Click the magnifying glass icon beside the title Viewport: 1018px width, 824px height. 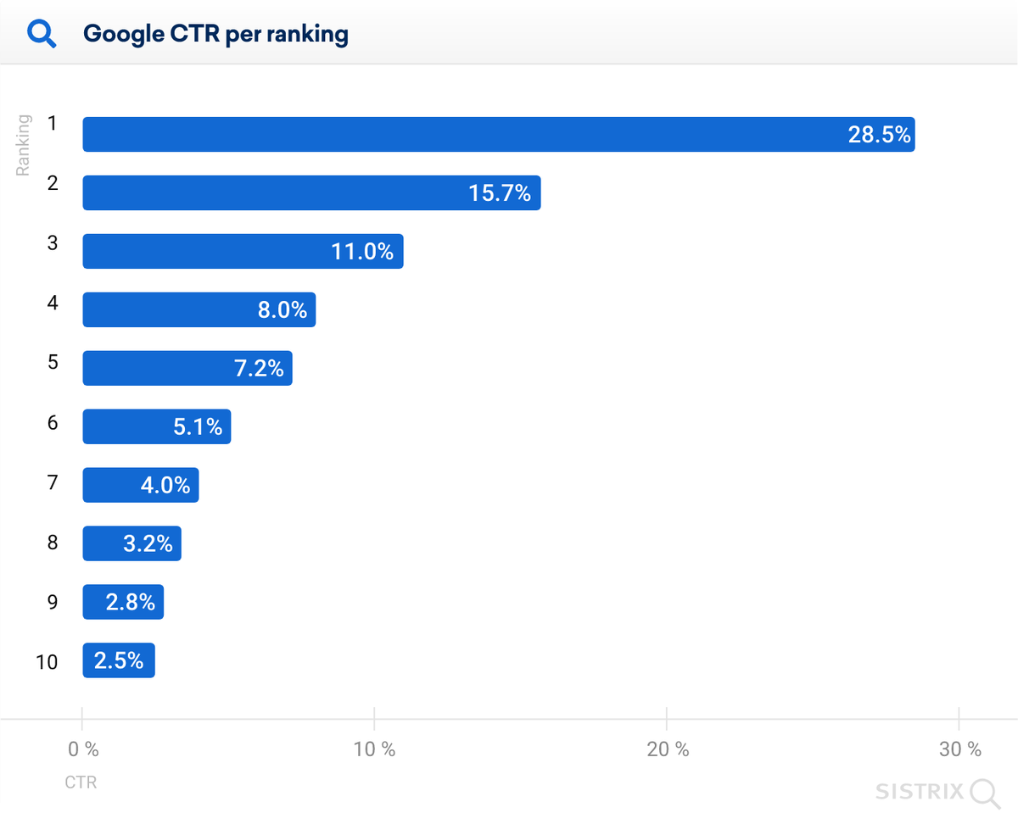[42, 35]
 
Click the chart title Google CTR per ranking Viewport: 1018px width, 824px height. [215, 35]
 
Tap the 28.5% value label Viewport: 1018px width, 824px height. [879, 135]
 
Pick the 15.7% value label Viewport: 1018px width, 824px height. [500, 193]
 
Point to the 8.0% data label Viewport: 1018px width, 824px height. [282, 310]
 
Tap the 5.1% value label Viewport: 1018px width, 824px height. [198, 427]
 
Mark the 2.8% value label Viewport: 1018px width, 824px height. [131, 603]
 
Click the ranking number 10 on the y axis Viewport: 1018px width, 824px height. [47, 662]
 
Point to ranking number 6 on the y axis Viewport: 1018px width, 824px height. [53, 422]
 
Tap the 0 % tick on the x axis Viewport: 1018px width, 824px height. [83, 749]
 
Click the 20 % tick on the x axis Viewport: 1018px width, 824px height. [668, 749]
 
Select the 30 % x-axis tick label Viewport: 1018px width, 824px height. [960, 749]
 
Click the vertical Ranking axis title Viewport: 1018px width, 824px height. [24, 146]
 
